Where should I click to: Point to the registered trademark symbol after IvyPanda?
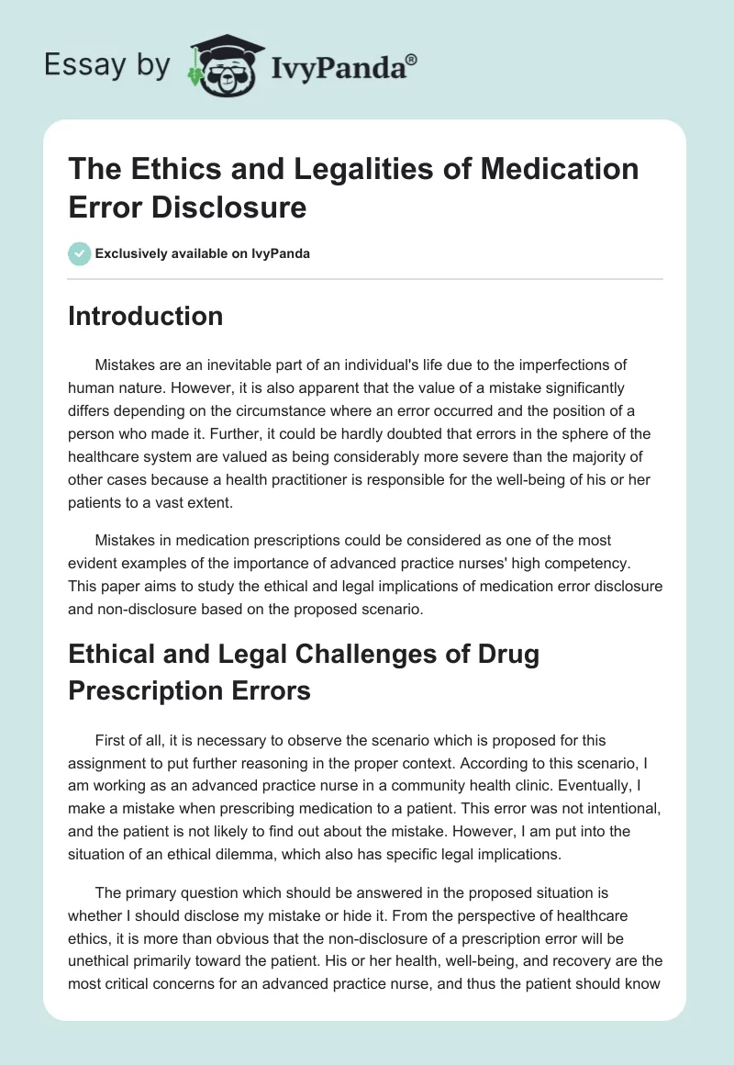(412, 59)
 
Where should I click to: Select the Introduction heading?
(145, 316)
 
